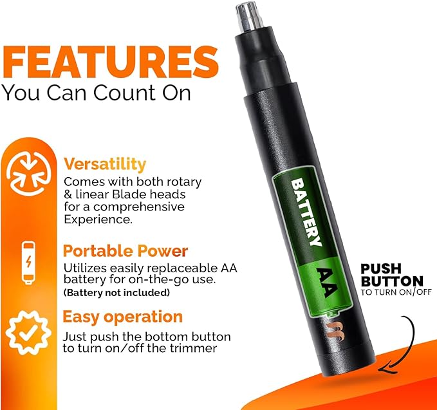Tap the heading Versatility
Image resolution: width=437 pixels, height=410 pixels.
click(x=104, y=163)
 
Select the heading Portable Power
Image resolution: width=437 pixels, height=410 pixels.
click(x=126, y=250)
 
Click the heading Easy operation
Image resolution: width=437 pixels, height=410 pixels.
click(x=122, y=317)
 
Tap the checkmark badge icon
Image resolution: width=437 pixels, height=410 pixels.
click(x=25, y=332)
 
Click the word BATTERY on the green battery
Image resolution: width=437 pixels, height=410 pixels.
click(x=306, y=212)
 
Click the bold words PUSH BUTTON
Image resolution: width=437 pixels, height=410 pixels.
click(x=391, y=275)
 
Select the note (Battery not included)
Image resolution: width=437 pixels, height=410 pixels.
click(x=116, y=293)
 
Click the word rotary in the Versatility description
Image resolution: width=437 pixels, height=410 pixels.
click(x=183, y=182)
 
